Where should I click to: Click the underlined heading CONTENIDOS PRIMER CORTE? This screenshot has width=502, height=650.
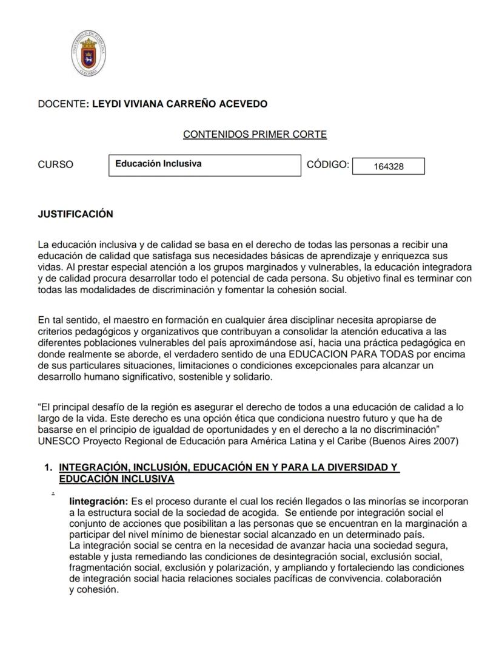(255, 134)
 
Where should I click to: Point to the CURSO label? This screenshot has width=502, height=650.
(55, 164)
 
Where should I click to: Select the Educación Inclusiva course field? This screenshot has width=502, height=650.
(204, 164)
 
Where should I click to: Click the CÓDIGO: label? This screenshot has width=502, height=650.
(328, 164)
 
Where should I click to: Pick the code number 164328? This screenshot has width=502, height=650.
(388, 166)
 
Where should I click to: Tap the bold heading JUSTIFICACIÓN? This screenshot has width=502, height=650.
(75, 214)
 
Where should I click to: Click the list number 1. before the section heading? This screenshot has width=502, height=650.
(48, 467)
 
